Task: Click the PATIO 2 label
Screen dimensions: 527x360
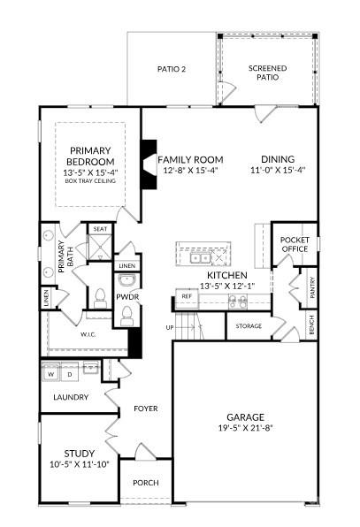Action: [x=172, y=68]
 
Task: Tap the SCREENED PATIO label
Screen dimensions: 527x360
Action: [x=263, y=73]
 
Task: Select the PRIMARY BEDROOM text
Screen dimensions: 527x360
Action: [x=91, y=156]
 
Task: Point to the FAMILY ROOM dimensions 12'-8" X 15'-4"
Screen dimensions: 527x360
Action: [x=188, y=170]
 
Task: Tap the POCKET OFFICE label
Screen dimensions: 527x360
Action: [x=294, y=244]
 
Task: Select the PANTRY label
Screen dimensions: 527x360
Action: [x=311, y=289]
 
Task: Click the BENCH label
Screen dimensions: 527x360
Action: [x=311, y=326]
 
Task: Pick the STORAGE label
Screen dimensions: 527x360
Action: [x=249, y=326]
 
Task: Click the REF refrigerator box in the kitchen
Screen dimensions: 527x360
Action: [x=187, y=296]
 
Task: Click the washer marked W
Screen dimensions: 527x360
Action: [x=50, y=374]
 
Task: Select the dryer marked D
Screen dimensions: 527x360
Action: [x=71, y=374]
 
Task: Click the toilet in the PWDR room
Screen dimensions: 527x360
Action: [x=101, y=296]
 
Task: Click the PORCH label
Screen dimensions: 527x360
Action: [x=145, y=483]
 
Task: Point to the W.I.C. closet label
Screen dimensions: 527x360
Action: [x=88, y=334]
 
